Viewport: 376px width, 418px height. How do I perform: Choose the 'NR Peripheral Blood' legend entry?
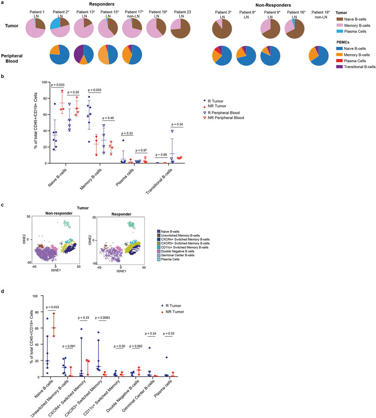[225, 118]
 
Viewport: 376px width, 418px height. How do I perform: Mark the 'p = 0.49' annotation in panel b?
[108, 118]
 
